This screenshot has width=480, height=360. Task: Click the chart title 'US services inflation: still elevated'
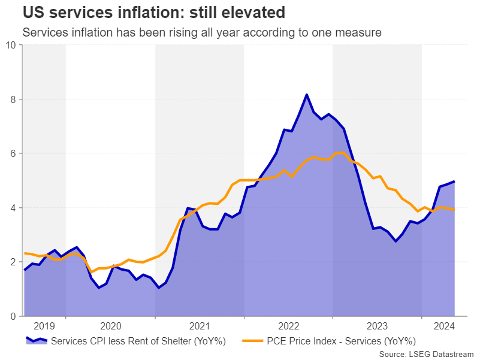click(x=153, y=12)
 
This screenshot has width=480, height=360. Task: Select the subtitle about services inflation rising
click(x=202, y=32)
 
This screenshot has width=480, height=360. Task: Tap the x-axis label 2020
click(x=110, y=326)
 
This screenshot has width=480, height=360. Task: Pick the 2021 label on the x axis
click(x=199, y=326)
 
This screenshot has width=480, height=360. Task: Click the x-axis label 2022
click(x=288, y=326)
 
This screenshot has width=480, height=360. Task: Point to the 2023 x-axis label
click(x=376, y=326)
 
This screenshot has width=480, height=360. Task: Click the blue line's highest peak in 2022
click(x=307, y=95)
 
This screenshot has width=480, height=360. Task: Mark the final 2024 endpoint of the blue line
click(x=454, y=181)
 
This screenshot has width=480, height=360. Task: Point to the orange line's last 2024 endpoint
click(x=454, y=210)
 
